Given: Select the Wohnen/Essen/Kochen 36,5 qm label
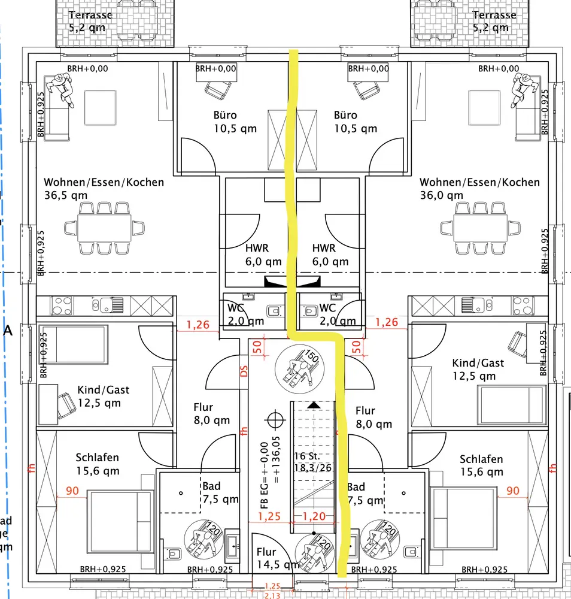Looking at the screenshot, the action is (104, 188).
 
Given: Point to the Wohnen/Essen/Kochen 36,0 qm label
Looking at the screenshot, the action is (479, 188).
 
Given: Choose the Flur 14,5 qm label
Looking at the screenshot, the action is (273, 558).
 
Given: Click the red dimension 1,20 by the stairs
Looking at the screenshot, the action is (314, 516).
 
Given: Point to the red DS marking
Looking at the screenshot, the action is (244, 371).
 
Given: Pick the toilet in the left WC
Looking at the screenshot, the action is (274, 311).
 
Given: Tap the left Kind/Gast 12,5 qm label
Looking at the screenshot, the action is (103, 396).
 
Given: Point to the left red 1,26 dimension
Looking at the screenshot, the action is (198, 325).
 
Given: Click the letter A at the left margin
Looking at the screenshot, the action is (8, 330).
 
